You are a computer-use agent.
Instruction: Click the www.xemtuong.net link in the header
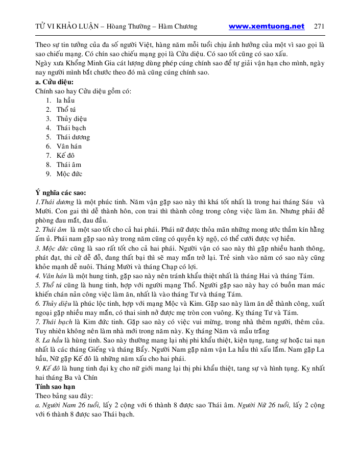(x=267, y=27)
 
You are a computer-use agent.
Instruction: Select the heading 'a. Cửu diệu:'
(x=54, y=82)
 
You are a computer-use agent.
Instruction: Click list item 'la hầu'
(x=65, y=101)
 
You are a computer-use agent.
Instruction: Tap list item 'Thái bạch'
(x=71, y=128)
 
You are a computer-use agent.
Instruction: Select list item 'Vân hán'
(x=69, y=146)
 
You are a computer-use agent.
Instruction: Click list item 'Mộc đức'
(x=69, y=174)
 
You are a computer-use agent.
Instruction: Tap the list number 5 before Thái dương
(x=48, y=137)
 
